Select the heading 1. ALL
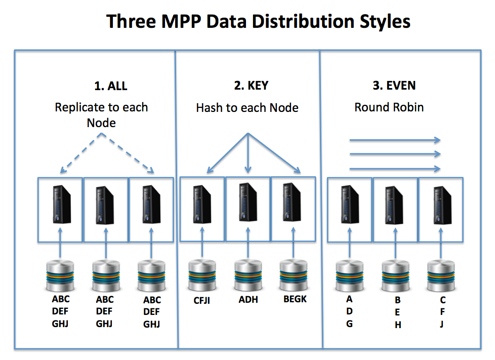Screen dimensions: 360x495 tap(111, 86)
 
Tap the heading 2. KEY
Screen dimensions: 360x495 tap(251, 86)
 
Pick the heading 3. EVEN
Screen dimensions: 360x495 tap(394, 86)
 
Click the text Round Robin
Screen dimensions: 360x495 tap(389, 107)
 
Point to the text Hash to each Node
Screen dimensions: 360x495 tap(247, 108)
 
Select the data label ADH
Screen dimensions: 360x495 tap(248, 299)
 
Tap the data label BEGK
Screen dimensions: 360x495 tap(295, 299)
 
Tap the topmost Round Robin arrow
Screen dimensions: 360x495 tap(395, 140)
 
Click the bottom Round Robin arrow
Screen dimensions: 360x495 tap(395, 169)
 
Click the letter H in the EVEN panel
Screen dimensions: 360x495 tap(398, 326)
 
